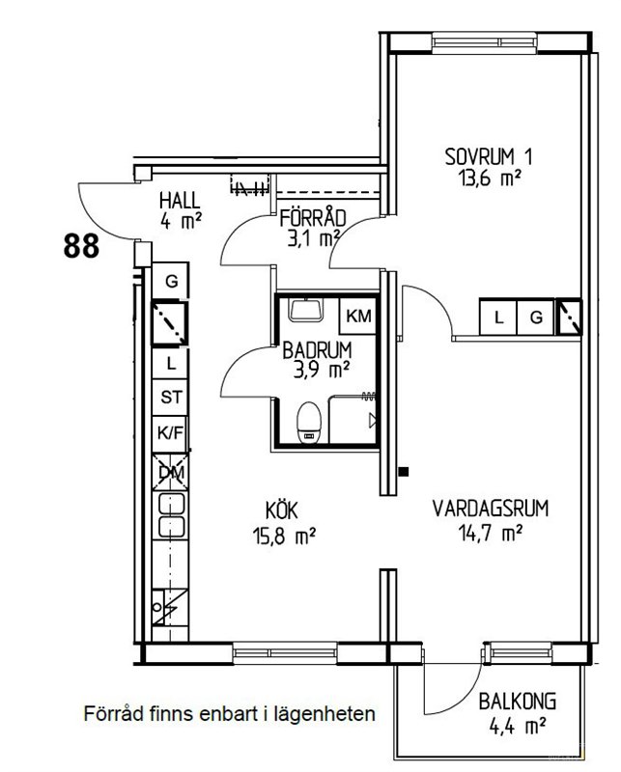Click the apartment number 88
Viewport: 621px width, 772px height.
pos(81,246)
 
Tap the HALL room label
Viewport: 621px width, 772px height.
pos(180,201)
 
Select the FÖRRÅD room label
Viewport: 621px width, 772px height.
pos(313,219)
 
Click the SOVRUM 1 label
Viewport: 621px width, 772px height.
pos(489,157)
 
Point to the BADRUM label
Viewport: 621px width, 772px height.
pos(318,350)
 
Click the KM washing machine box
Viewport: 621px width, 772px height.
pos(358,316)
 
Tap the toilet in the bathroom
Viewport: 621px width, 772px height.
pos(309,423)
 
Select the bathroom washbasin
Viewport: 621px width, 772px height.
pos(306,310)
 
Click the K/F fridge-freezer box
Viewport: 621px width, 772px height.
pos(170,433)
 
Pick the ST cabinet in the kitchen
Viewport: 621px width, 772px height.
pos(171,397)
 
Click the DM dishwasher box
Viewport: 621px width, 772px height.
pos(171,472)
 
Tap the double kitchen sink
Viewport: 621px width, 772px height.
pos(172,515)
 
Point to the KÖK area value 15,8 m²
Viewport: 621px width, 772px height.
pos(284,536)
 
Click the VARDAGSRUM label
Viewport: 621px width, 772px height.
pos(491,509)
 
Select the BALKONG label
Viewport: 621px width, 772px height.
pos(518,702)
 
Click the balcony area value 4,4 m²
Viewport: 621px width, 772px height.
pos(518,726)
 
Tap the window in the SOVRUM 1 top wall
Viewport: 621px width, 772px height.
pos(485,42)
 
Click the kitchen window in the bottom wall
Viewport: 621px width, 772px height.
pos(285,653)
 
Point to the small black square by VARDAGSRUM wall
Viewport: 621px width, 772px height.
pos(404,472)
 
